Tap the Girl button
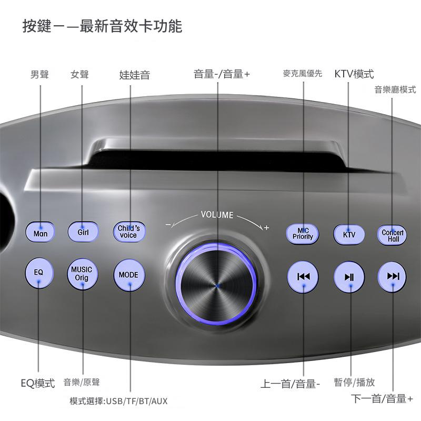pyautogui.click(x=83, y=232)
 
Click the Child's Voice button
pyautogui.click(x=129, y=232)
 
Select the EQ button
pyautogui.click(x=39, y=273)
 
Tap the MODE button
pyautogui.click(x=129, y=275)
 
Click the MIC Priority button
pyautogui.click(x=302, y=234)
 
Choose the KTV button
pyautogui.click(x=349, y=235)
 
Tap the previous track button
pyautogui.click(x=303, y=277)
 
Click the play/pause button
pyautogui.click(x=349, y=277)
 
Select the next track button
pyautogui.click(x=392, y=277)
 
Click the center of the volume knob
pyautogui.click(x=217, y=285)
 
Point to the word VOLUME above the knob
pyautogui.click(x=217, y=215)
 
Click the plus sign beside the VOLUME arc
pyautogui.click(x=266, y=228)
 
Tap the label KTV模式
pyautogui.click(x=354, y=74)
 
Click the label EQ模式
pyautogui.click(x=37, y=383)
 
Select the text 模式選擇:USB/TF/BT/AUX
pyautogui.click(x=118, y=401)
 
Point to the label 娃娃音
pyautogui.click(x=135, y=75)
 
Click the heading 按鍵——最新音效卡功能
pyautogui.click(x=102, y=26)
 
